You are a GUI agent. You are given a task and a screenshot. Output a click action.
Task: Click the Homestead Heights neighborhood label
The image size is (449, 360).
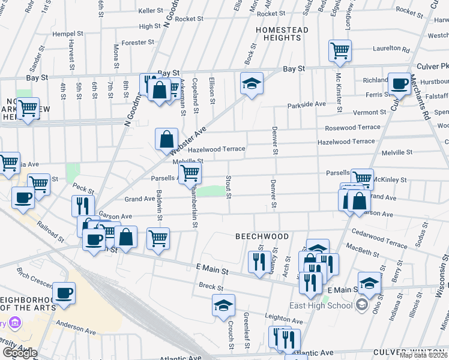pyautogui.click(x=282, y=34)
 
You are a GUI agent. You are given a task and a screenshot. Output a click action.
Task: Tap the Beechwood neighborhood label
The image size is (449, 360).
pyautogui.click(x=262, y=236)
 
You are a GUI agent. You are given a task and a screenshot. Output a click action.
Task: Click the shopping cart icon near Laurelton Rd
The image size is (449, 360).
pyautogui.click(x=340, y=50)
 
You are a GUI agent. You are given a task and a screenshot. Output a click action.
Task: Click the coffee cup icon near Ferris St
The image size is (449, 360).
pyautogui.click(x=399, y=83)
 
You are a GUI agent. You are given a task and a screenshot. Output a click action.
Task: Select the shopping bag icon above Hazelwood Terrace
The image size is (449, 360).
pyautogui.click(x=166, y=139)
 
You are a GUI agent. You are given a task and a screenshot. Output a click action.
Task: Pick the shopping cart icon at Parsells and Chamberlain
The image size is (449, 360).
pyautogui.click(x=190, y=173)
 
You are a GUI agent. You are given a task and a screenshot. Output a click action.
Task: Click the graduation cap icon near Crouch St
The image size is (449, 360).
pyautogui.click(x=223, y=305)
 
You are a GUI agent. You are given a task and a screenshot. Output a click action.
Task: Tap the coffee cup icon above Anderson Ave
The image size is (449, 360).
pyautogui.click(x=64, y=293)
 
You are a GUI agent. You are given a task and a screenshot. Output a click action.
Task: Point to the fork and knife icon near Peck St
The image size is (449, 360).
pyautogui.click(x=83, y=206)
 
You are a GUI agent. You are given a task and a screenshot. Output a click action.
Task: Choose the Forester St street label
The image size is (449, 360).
pyautogui.click(x=138, y=43)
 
